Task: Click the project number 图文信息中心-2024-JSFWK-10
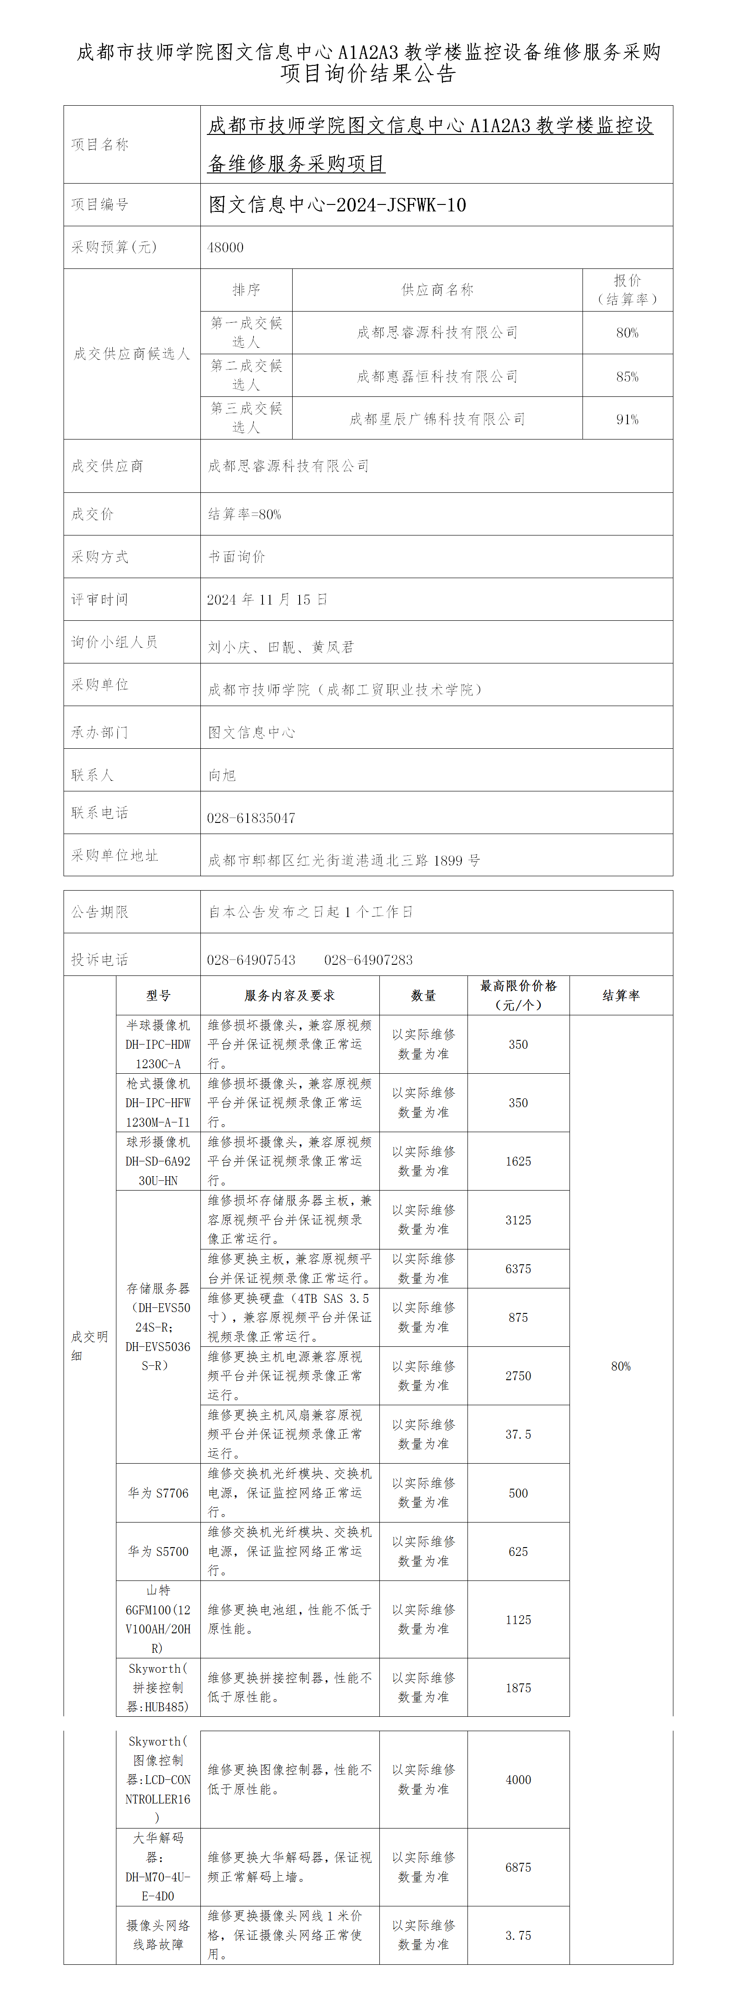click(337, 205)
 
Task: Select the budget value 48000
click(225, 248)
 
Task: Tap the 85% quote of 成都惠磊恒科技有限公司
click(627, 377)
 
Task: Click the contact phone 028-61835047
click(251, 818)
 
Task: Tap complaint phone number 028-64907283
click(368, 960)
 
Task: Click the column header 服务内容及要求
click(289, 996)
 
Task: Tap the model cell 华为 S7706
click(158, 1493)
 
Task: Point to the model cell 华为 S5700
click(158, 1551)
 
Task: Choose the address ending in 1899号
click(344, 861)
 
